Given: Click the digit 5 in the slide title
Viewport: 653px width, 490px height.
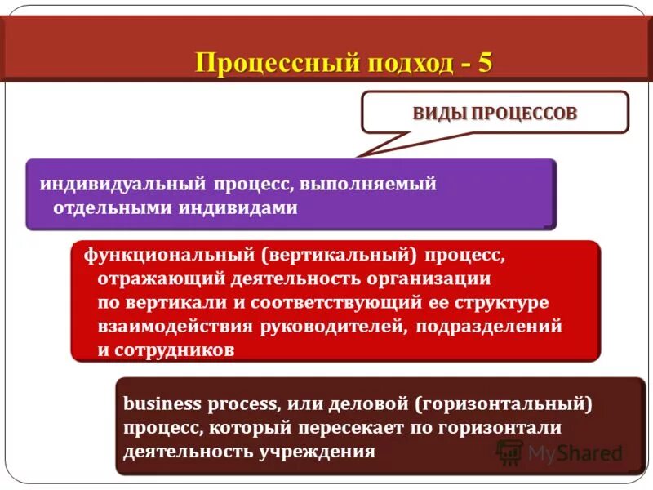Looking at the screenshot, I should coord(485,63).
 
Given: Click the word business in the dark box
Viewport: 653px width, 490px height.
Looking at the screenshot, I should coord(158,403).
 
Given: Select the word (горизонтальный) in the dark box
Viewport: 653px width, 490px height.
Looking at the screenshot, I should coord(502,403).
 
